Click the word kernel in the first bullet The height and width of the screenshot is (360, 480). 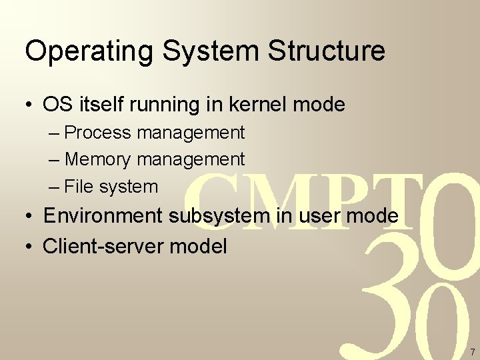tap(257, 105)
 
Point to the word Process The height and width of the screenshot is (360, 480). tap(98, 133)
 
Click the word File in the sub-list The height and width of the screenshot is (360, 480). tap(77, 187)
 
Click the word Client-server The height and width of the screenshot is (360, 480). tap(104, 246)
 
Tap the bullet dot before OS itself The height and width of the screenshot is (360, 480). tap(30, 105)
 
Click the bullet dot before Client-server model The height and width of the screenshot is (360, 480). tap(30, 247)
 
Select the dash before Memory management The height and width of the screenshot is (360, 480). tap(55, 160)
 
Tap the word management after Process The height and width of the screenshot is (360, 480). tap(191, 133)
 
